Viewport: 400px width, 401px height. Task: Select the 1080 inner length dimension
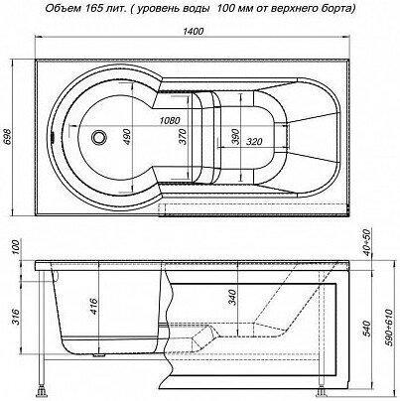170,120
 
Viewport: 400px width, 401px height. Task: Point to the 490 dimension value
127,138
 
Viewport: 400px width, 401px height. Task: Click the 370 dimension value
184,137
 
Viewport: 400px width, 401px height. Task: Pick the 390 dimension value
235,137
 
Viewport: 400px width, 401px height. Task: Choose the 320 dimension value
254,142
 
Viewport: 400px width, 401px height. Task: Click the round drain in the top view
98,137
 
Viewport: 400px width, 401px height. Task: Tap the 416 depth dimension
94,307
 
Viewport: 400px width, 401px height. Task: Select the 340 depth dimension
233,297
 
